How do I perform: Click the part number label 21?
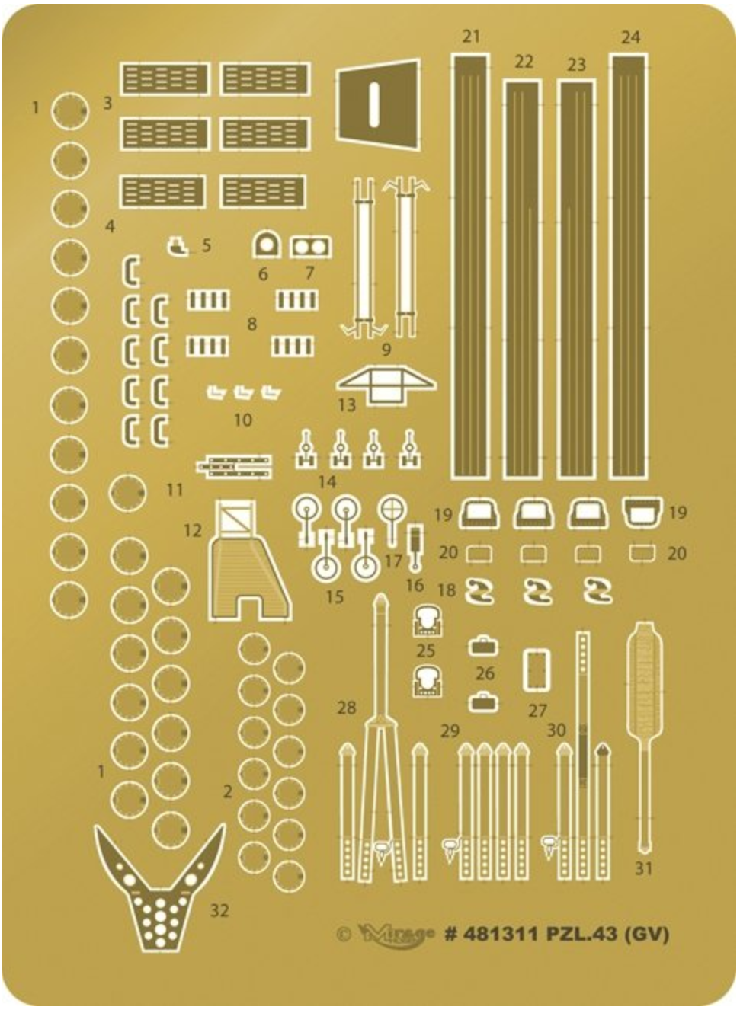[x=471, y=37]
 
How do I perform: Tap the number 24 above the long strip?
[x=630, y=37]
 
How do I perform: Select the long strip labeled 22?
[x=522, y=279]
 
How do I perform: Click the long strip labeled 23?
[x=577, y=279]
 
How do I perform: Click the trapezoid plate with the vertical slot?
[x=378, y=105]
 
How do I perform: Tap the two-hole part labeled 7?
[x=310, y=246]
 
